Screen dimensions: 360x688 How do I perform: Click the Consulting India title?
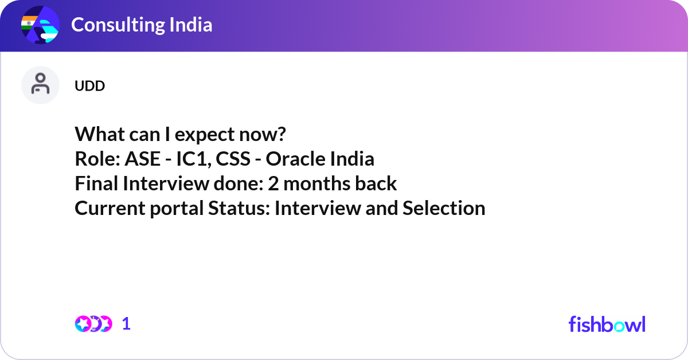click(x=142, y=25)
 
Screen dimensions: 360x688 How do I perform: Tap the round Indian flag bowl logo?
click(x=40, y=26)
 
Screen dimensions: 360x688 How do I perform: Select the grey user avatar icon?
click(x=40, y=85)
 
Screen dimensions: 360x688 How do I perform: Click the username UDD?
click(x=89, y=86)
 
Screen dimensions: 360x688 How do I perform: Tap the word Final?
click(x=96, y=183)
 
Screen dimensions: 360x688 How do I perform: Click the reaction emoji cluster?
click(x=93, y=324)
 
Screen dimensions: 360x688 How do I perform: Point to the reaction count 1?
click(x=126, y=324)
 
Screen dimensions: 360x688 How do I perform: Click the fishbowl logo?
click(x=607, y=324)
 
